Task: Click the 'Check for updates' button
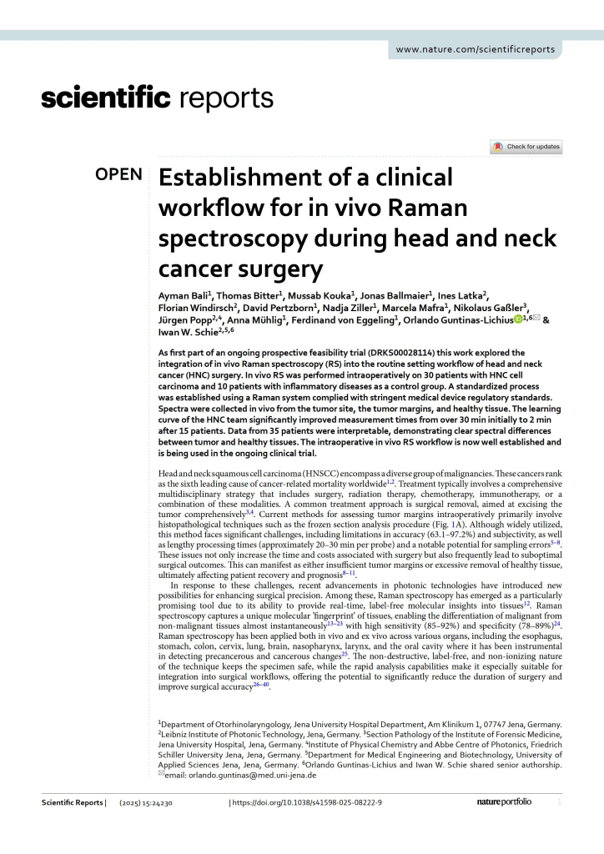[526, 147]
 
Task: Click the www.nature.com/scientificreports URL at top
[475, 49]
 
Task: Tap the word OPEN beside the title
[119, 175]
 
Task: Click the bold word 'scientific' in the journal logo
[106, 99]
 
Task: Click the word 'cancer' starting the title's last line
[195, 269]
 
